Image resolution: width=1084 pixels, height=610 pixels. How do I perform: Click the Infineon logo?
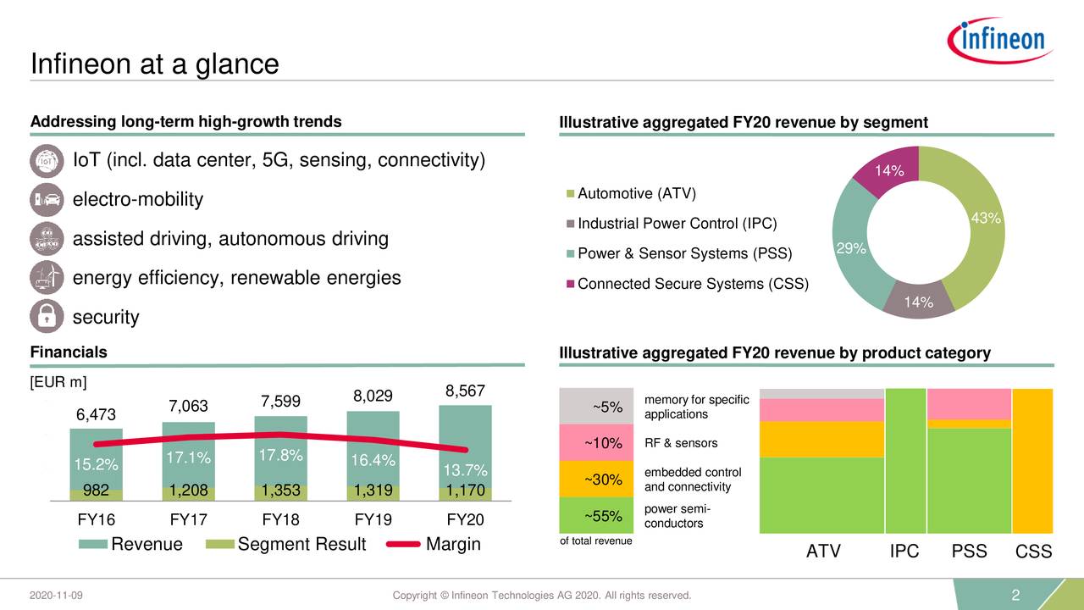pyautogui.click(x=1000, y=40)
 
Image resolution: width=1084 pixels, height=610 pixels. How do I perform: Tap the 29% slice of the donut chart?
pyautogui.click(x=850, y=247)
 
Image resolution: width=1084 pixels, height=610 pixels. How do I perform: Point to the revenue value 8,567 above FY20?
pyautogui.click(x=464, y=391)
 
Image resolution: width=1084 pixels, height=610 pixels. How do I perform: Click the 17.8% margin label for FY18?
pyautogui.click(x=280, y=455)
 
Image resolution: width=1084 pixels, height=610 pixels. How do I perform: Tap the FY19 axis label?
pyautogui.click(x=373, y=519)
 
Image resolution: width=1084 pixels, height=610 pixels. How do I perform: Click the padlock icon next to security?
pyautogui.click(x=46, y=317)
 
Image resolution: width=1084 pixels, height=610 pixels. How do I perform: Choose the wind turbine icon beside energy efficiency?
pyautogui.click(x=46, y=277)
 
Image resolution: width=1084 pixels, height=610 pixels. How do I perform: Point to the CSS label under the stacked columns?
pyautogui.click(x=1033, y=552)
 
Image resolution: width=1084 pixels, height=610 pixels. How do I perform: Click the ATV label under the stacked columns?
pyautogui.click(x=823, y=552)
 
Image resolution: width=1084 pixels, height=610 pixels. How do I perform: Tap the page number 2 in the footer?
pyautogui.click(x=1016, y=596)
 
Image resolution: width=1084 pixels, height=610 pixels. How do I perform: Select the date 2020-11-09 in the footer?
pyautogui.click(x=56, y=596)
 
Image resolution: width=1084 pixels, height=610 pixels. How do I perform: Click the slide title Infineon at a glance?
pyautogui.click(x=154, y=64)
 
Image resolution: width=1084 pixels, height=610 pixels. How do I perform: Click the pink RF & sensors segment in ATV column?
pyautogui.click(x=821, y=410)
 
